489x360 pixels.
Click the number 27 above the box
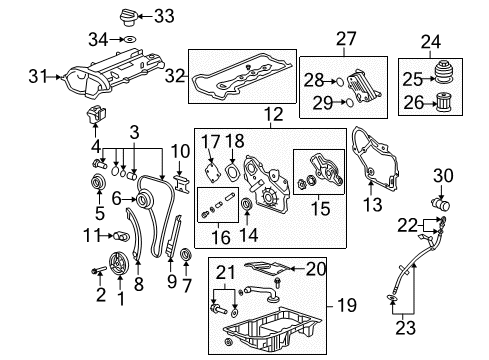345,39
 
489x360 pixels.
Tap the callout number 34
98,39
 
